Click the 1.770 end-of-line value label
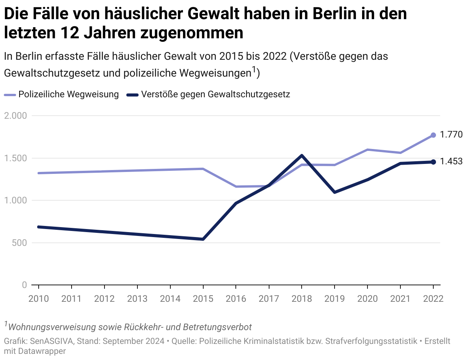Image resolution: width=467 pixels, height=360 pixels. [451, 134]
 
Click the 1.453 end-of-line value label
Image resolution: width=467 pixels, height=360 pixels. [451, 161]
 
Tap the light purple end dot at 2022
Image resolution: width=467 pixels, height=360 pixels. [433, 135]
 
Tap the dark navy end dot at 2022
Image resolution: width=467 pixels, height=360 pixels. [433, 162]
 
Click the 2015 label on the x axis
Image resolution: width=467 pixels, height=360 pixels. [203, 298]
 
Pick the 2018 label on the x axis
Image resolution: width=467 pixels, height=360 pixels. [302, 298]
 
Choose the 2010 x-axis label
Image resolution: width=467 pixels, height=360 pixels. [39, 298]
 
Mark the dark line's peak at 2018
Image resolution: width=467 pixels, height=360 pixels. [302, 155]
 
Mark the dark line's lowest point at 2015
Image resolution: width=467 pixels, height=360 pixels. [203, 239]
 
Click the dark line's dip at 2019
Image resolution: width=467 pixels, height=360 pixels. [335, 192]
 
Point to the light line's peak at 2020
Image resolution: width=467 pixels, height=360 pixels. [367, 150]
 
